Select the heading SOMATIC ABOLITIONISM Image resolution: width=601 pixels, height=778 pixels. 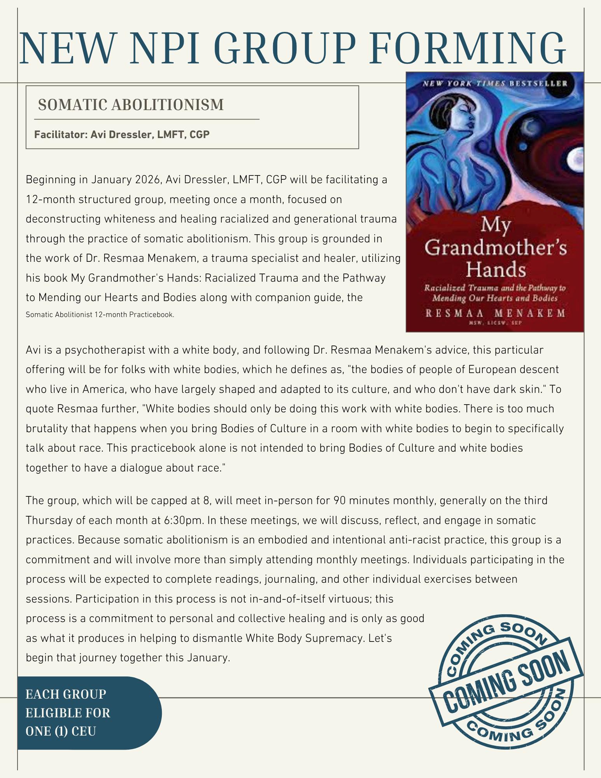pos(131,105)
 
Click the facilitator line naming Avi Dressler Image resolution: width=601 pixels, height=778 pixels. pos(122,135)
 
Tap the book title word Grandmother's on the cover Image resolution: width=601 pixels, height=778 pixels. pos(495,247)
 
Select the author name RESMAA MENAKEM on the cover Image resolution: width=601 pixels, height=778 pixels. pos(495,314)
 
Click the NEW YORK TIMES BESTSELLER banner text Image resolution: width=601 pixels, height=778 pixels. pos(495,83)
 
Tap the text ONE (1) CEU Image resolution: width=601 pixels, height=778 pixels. pos(61,731)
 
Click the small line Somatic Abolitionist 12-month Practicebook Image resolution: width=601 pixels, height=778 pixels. pos(100,315)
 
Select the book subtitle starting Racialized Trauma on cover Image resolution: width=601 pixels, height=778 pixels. pos(495,293)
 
